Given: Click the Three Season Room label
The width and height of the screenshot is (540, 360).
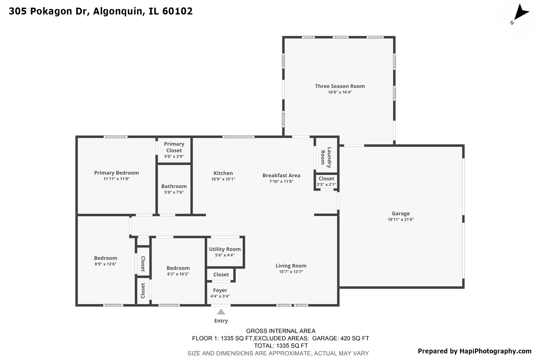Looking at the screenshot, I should pos(340,86).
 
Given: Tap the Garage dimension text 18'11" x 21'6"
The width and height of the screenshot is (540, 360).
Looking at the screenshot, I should pos(401,219).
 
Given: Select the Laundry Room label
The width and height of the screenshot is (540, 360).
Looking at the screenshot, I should pos(326,157).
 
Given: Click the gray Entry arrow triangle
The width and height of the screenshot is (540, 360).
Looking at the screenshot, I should pos(221,312).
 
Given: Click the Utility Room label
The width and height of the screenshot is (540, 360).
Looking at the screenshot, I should pos(225,249).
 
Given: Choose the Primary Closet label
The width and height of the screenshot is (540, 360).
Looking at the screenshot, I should pos(174,147).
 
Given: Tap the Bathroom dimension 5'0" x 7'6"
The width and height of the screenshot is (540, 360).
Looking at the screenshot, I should pos(174,192).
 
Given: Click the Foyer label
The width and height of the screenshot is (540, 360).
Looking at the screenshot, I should pos(220,290).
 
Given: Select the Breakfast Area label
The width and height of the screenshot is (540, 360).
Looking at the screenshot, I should pos(281,175).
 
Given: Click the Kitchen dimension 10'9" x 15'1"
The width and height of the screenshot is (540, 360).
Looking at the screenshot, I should pos(223,179).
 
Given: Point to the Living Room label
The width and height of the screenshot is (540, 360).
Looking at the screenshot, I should pos(291,266).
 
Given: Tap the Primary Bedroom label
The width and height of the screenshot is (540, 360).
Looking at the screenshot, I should pos(116,173).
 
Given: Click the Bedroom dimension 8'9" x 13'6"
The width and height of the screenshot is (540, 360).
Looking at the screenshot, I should pos(105,264).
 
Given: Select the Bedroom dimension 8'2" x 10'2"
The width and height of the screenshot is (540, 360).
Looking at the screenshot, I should pos(178,274).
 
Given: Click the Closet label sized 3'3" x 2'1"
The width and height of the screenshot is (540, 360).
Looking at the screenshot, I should pos(326,179).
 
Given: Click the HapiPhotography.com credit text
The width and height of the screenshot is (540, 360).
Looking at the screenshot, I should pos(495,351).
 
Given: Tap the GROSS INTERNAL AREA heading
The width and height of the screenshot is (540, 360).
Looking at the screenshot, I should pos(281,331).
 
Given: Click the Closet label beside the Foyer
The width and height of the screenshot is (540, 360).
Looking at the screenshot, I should pos(221,275).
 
